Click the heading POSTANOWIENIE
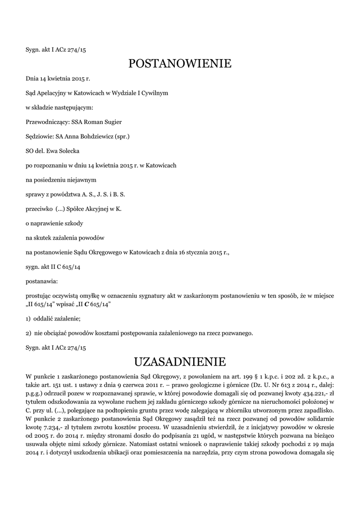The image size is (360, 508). tap(180, 63)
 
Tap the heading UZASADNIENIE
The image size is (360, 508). tap(180, 361)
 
